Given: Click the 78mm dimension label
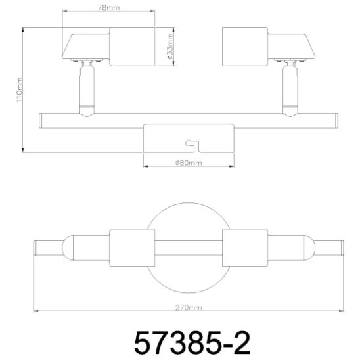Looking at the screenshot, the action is (x=108, y=8).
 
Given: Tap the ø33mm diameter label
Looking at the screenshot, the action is (x=170, y=46).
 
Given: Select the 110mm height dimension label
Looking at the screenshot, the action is (x=20, y=90).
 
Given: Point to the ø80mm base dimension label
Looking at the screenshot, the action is (x=189, y=163).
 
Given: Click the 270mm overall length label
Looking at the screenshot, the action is (x=189, y=307).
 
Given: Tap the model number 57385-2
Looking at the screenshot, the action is (x=192, y=343).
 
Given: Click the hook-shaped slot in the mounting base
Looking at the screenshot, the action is (x=192, y=146).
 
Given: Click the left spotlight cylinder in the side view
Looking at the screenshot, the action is (x=132, y=47).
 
